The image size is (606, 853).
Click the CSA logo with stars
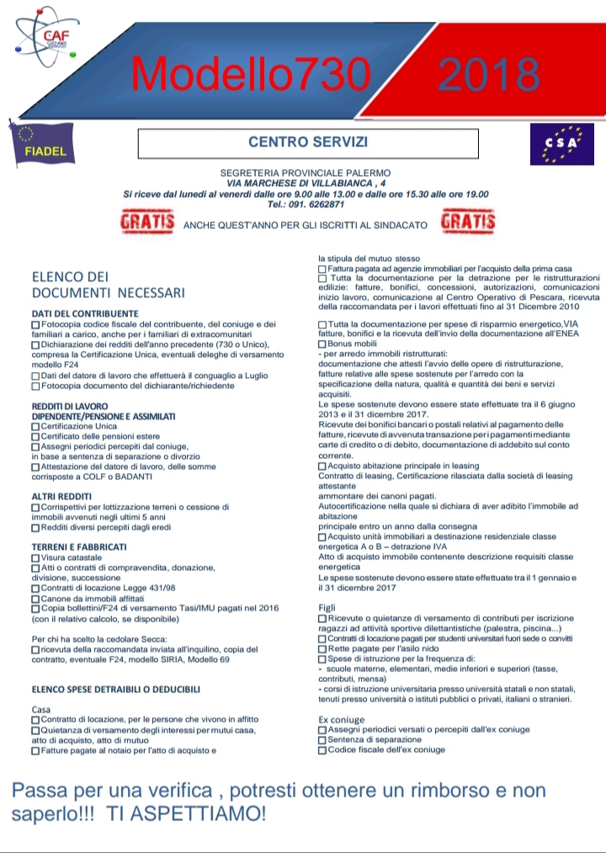point(555,143)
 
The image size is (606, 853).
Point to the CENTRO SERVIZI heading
point(308,142)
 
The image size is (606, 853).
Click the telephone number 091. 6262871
point(306,205)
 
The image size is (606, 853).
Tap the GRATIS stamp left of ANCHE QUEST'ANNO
point(147,223)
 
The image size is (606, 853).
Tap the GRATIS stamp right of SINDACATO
point(468,223)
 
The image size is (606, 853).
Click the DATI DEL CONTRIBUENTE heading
point(84,314)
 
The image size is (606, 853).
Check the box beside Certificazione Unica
point(35,427)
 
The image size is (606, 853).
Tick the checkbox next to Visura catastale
point(35,557)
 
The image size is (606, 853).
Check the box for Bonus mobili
point(322,344)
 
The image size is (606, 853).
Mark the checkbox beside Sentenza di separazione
point(322,739)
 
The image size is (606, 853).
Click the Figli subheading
point(327,607)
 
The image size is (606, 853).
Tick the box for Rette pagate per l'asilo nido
point(322,648)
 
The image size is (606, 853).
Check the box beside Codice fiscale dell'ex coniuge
point(322,749)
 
